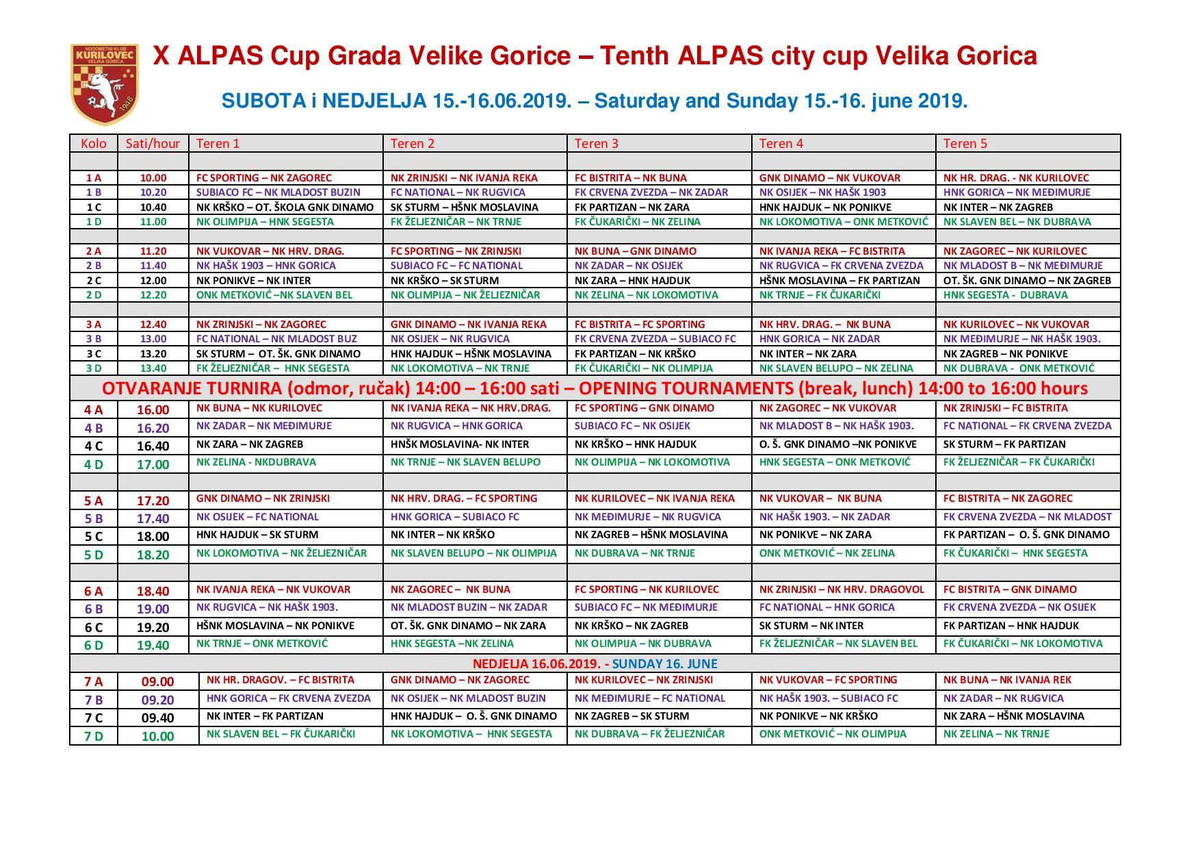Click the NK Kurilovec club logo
click(104, 84)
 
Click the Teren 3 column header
click(596, 143)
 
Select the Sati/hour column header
click(153, 143)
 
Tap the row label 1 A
click(93, 177)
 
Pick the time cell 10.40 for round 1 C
click(153, 207)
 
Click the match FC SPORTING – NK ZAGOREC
click(263, 177)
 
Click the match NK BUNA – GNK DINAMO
click(635, 251)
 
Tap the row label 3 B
click(93, 339)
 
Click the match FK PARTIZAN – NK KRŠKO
click(634, 354)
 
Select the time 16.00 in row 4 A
click(153, 409)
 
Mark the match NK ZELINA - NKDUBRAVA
click(256, 462)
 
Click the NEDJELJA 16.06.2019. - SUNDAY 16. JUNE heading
click(595, 663)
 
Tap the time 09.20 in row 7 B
click(157, 700)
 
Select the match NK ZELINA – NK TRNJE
click(995, 734)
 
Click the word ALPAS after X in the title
click(220, 56)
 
